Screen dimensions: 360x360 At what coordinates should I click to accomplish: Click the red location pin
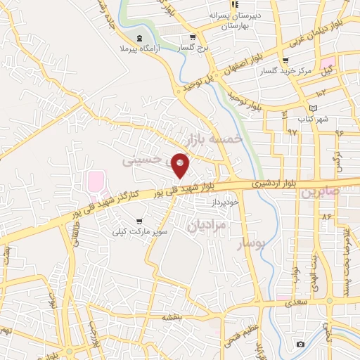pyautogui.click(x=181, y=165)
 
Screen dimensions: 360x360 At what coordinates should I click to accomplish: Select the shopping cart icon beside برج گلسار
pyautogui.click(x=192, y=37)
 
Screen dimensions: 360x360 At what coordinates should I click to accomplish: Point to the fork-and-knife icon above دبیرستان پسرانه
pyautogui.click(x=234, y=4)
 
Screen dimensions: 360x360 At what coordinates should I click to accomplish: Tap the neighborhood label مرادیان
pyautogui.click(x=207, y=226)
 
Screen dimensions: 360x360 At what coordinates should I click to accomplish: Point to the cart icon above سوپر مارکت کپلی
pyautogui.click(x=143, y=219)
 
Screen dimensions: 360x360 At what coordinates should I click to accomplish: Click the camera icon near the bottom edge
pyautogui.click(x=300, y=343)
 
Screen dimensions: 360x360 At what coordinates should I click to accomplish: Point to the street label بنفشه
pyautogui.click(x=172, y=318)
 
